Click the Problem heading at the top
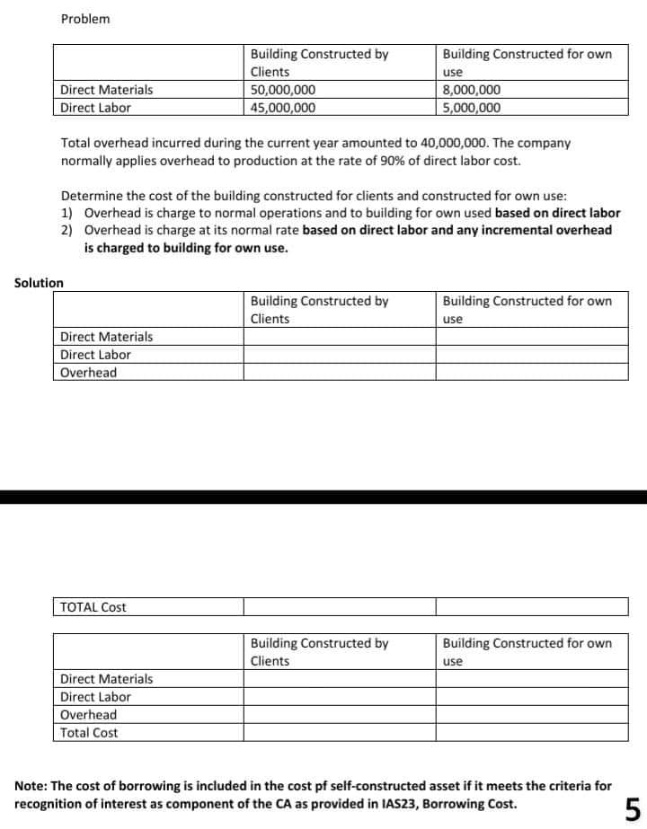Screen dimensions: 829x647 pyautogui.click(x=85, y=19)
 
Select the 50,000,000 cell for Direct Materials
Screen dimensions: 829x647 pyautogui.click(x=282, y=90)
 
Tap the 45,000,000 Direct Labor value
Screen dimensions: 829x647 pyautogui.click(x=282, y=108)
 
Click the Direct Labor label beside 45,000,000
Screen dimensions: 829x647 pyautogui.click(x=95, y=108)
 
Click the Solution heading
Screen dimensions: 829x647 pyautogui.click(x=39, y=283)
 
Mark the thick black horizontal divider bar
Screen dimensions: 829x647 pyautogui.click(x=323, y=497)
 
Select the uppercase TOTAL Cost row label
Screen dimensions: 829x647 pyautogui.click(x=93, y=607)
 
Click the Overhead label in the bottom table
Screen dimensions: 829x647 pyautogui.click(x=88, y=715)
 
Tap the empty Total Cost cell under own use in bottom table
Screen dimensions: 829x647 pyautogui.click(x=532, y=733)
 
